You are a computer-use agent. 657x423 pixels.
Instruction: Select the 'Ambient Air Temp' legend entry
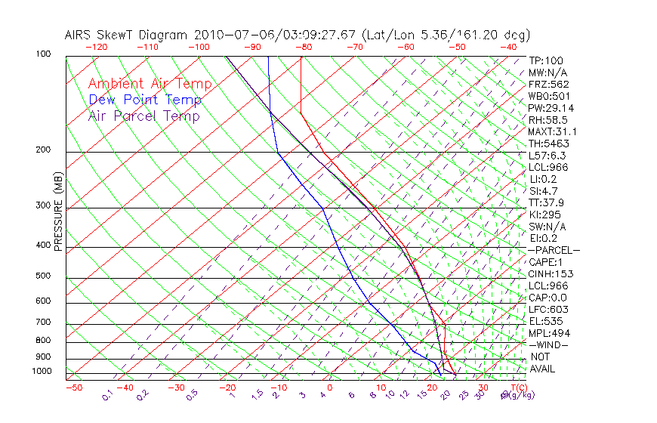click(x=150, y=84)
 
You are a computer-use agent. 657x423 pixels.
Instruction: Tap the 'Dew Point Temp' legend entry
click(x=145, y=100)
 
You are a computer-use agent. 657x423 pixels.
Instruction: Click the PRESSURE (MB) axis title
click(x=58, y=213)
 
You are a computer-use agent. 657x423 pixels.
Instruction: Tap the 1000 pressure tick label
click(x=43, y=372)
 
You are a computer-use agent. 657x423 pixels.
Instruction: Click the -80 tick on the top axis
click(x=303, y=47)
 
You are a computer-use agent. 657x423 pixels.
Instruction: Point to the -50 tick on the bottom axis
click(x=74, y=388)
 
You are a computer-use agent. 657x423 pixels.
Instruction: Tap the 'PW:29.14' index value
click(x=549, y=108)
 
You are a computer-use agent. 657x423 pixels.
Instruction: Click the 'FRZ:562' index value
click(x=548, y=84)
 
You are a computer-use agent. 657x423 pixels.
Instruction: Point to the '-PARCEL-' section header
click(x=554, y=250)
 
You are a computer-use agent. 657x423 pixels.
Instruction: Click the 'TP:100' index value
click(x=546, y=60)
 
